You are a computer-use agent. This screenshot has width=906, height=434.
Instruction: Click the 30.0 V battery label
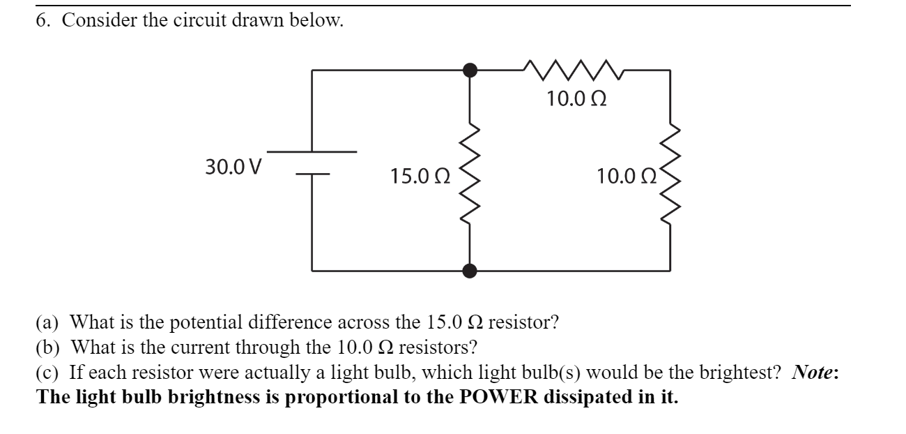click(x=233, y=167)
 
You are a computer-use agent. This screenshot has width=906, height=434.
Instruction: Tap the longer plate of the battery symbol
click(x=312, y=151)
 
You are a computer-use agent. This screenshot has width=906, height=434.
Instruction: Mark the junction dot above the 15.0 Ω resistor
click(x=471, y=69)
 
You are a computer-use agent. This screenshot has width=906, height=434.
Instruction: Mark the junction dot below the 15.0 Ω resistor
click(x=471, y=270)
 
